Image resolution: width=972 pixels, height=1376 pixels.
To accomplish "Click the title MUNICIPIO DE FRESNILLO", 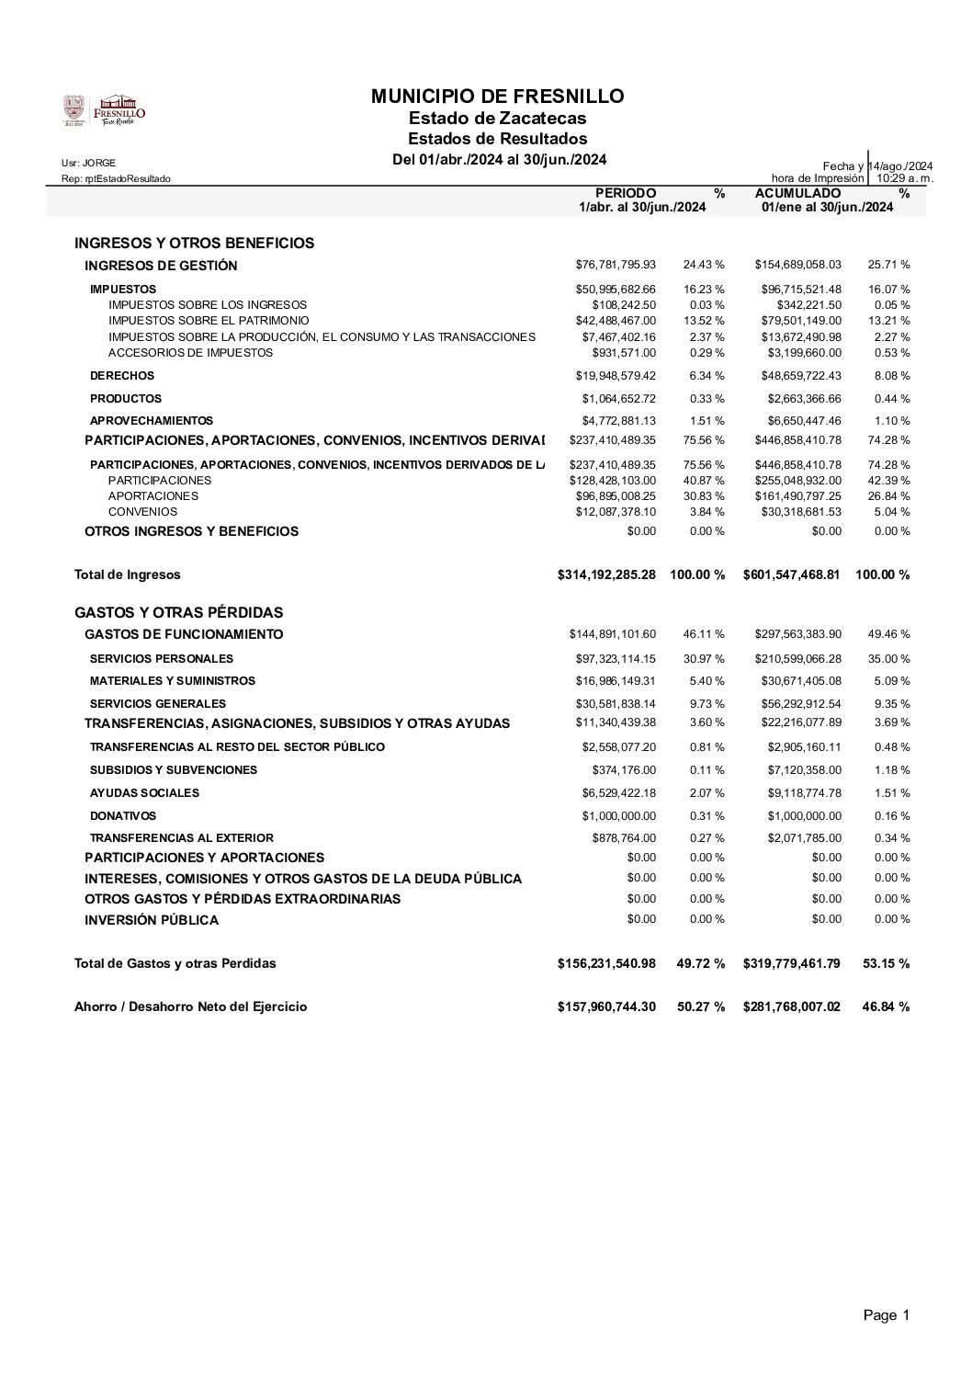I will click(497, 97).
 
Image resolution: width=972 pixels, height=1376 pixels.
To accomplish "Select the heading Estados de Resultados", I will click(497, 139).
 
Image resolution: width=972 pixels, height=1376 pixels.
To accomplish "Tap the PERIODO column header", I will click(626, 193).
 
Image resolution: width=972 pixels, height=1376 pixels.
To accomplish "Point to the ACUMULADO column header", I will click(797, 193).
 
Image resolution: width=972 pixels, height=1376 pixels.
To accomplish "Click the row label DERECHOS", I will click(122, 376).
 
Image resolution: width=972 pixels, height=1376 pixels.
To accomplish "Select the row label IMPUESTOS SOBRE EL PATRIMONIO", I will click(208, 321).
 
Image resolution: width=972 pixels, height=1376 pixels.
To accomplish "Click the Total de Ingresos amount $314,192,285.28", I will click(606, 574).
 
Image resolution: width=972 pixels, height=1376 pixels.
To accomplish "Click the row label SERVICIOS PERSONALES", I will click(162, 658).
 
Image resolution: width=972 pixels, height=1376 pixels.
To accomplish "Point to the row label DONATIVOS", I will click(123, 815).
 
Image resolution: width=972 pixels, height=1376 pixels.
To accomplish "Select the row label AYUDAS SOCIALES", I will click(144, 792).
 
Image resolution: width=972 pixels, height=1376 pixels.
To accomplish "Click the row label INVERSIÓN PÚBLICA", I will click(152, 919).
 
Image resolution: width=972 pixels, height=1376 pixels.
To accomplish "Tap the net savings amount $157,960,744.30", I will click(606, 1006).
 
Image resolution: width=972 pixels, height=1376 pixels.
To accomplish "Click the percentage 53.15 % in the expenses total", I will click(886, 963).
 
